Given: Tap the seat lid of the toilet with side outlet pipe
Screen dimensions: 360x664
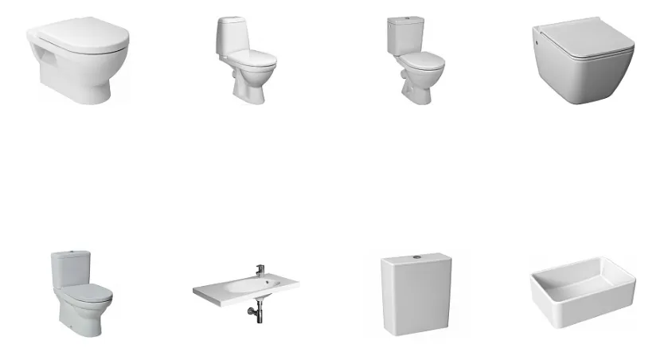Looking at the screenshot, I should coord(421,59).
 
